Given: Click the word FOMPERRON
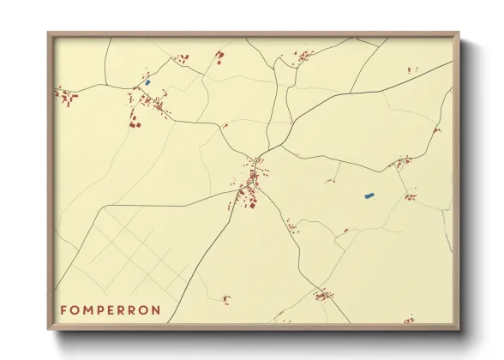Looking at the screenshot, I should click(x=110, y=309).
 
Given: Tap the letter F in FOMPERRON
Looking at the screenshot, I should click(x=63, y=309).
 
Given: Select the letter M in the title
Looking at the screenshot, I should click(x=89, y=309).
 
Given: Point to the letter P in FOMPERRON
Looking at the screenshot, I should click(x=103, y=309).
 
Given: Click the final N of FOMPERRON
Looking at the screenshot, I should click(x=155, y=309).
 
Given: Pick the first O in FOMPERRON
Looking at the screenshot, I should click(x=75, y=309).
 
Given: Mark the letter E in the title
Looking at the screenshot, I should click(x=115, y=309).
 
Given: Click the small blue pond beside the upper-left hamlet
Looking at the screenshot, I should click(x=147, y=82).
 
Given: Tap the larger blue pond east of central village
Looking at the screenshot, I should click(x=369, y=195).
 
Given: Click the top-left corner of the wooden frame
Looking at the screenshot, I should click(x=49, y=33).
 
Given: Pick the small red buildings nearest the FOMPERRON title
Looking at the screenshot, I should click(x=226, y=299).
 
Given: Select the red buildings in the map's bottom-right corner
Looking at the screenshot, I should click(x=409, y=320).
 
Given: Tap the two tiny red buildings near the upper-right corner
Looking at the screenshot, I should click(x=409, y=69).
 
